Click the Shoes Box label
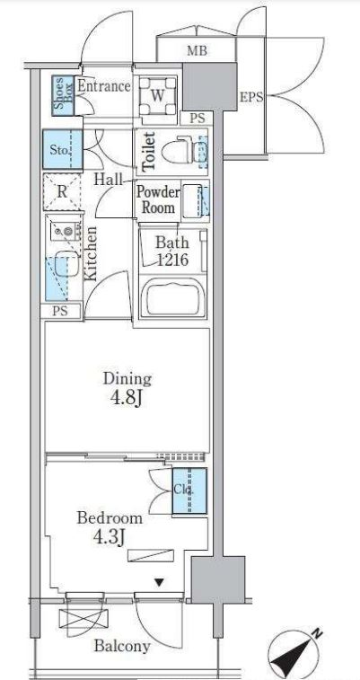click(x=63, y=95)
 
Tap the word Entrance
click(x=104, y=86)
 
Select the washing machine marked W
click(x=158, y=95)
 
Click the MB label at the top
click(x=198, y=50)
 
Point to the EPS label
click(x=251, y=98)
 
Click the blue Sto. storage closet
click(x=62, y=150)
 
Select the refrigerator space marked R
click(x=62, y=192)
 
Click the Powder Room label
click(x=158, y=200)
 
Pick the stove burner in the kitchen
click(x=66, y=232)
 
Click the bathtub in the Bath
click(x=173, y=297)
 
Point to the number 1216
click(x=172, y=261)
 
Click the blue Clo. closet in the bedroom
click(x=189, y=490)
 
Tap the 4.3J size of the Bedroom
click(x=110, y=537)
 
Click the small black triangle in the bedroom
click(x=160, y=583)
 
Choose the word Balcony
click(x=123, y=646)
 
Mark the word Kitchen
click(x=91, y=253)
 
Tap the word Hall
click(x=109, y=180)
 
